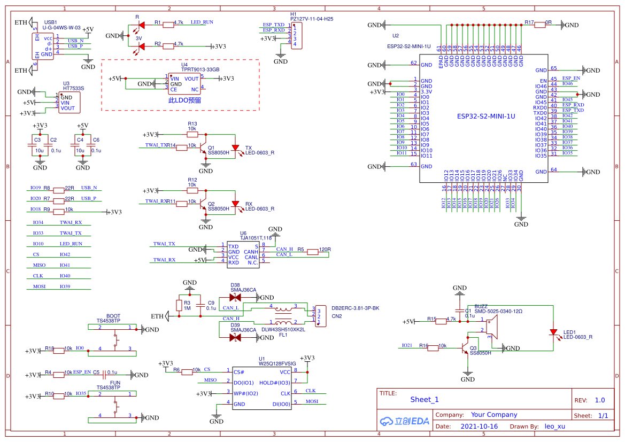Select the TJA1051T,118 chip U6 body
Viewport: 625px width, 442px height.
click(243, 254)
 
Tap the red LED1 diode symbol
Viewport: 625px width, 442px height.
click(553, 332)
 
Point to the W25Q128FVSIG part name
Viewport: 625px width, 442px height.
click(277, 363)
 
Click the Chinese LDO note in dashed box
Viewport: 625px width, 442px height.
click(184, 100)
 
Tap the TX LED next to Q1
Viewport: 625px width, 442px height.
click(235, 148)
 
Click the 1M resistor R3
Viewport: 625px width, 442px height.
click(179, 305)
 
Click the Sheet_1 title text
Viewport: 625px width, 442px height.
click(425, 399)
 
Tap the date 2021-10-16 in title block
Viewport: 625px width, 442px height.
click(479, 427)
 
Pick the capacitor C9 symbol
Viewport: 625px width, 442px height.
click(200, 305)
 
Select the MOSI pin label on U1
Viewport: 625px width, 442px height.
click(312, 401)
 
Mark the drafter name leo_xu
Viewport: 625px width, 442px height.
click(554, 427)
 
